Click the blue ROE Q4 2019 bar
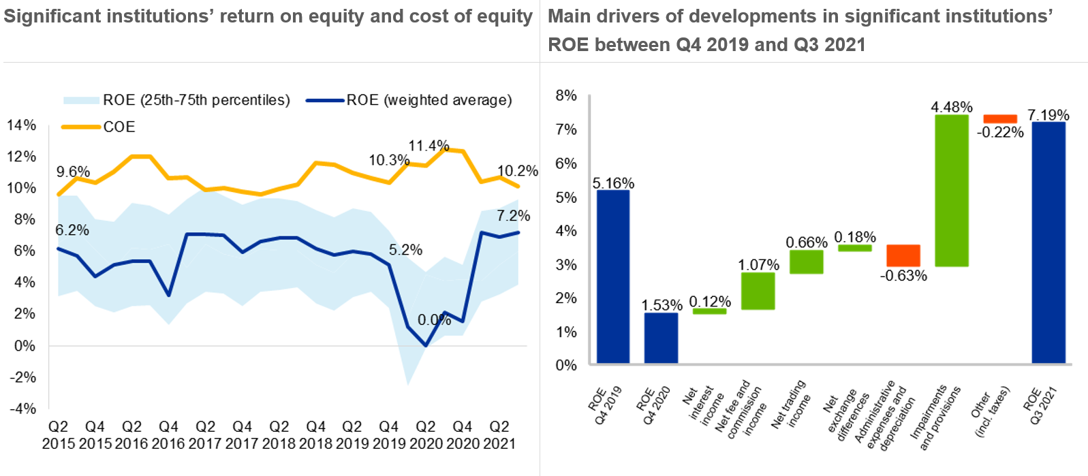point(613,276)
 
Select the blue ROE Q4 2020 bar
point(661,338)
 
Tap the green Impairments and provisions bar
point(952,191)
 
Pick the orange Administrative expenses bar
point(903,255)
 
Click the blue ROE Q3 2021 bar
point(1048,242)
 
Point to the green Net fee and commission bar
point(758,291)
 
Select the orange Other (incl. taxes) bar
point(1000,118)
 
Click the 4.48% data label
point(952,107)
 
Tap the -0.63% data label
point(903,276)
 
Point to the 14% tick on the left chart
point(21,125)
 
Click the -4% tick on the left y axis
point(22,409)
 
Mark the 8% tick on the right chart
point(566,95)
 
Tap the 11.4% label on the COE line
point(429,146)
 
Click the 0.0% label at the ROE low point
point(434,320)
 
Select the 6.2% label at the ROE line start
point(72,230)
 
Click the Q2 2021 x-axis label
point(499,435)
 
